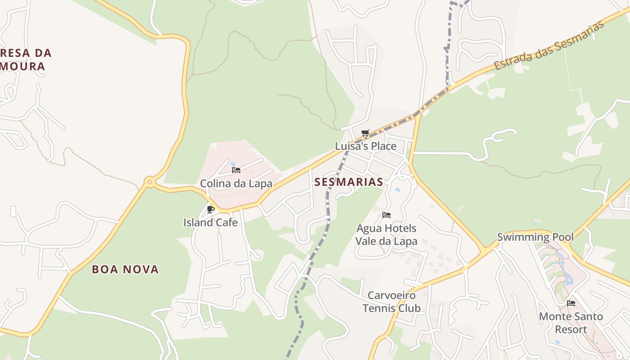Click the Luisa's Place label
pos(365,146)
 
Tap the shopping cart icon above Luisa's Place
pos(365,133)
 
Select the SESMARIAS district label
pos(349,182)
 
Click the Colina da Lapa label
pos(236,184)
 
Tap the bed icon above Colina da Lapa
pos(236,170)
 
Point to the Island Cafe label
pos(210,222)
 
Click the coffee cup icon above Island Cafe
pos(210,209)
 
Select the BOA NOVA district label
pos(125,270)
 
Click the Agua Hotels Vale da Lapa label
pos(386,234)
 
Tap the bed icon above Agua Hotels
pos(386,215)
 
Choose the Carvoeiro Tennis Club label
pos(391,301)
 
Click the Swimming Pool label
pos(535,237)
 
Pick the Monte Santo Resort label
pos(571,323)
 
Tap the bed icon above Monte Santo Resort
pos(571,303)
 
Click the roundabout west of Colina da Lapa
pos(149,182)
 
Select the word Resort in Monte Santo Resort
pos(571,329)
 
